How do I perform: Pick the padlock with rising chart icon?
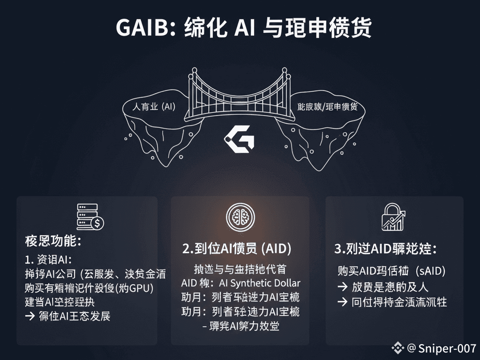(393, 217)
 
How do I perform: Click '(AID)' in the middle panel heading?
(276, 249)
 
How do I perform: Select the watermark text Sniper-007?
(447, 348)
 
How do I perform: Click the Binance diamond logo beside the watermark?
(398, 348)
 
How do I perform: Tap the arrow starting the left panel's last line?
(30, 315)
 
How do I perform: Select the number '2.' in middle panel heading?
(187, 249)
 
